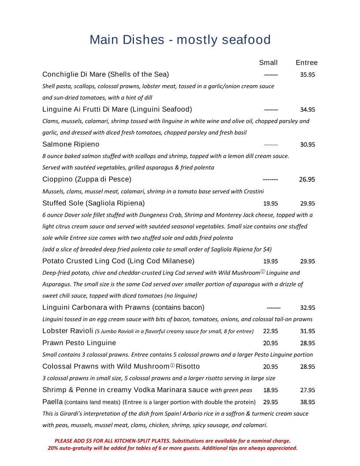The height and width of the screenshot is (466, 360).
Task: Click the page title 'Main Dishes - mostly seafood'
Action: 180,40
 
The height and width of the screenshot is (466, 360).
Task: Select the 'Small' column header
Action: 268,63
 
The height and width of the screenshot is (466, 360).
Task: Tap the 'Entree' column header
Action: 307,63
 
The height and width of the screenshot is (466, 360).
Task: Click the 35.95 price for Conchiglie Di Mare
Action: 307,75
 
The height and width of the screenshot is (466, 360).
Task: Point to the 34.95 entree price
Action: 307,109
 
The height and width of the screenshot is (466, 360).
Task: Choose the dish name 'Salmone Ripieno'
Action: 71,144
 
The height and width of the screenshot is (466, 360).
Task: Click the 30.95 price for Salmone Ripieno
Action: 307,144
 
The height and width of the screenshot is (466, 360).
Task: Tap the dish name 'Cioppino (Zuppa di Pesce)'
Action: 87,179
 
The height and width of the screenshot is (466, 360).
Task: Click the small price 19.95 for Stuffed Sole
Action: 270,203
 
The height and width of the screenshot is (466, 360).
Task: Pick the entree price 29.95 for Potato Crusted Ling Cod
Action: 307,261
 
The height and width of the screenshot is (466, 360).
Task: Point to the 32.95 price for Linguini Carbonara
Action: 307,308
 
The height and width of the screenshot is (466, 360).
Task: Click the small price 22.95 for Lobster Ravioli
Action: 270,331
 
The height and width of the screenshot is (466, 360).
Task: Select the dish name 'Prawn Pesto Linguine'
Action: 79,343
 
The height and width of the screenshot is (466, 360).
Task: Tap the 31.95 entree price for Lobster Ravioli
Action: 307,331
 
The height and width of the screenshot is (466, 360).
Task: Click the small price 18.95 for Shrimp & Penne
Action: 270,390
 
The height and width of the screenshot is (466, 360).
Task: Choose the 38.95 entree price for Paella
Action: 307,402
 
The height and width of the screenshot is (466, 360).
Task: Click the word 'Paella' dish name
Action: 52,402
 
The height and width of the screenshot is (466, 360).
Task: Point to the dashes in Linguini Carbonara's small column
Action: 274,308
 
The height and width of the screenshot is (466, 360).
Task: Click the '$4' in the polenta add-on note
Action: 267,249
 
